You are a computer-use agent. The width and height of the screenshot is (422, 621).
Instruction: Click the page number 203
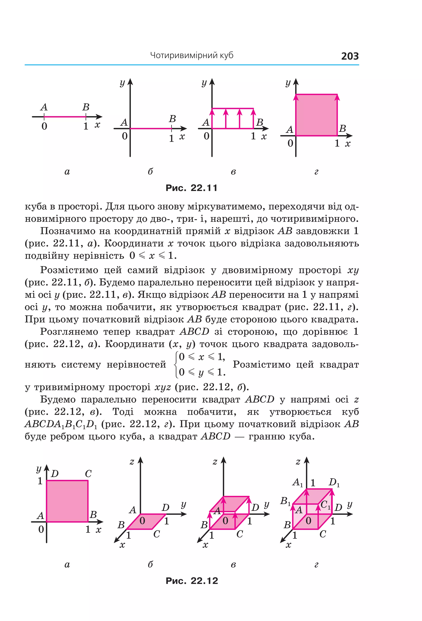point(350,56)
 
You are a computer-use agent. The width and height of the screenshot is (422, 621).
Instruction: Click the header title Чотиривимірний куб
point(191,55)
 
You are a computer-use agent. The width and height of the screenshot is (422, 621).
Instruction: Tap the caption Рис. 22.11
point(191,188)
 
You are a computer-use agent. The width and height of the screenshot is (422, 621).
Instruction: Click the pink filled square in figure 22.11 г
point(316,115)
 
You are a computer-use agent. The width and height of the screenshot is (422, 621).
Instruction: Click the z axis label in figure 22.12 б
point(132,462)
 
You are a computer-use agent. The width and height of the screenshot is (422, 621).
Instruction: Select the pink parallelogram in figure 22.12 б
point(146,521)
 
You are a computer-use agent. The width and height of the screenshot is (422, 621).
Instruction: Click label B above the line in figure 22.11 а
point(86,107)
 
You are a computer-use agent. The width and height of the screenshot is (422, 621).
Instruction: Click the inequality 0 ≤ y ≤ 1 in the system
point(202,372)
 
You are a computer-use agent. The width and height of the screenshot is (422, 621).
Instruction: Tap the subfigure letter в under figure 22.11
point(233,172)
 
